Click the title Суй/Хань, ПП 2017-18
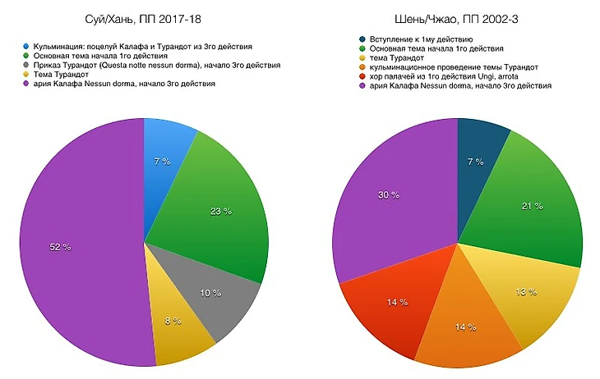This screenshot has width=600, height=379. click(x=144, y=19)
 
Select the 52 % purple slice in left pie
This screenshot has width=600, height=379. click(x=74, y=246)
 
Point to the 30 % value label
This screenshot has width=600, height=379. click(x=388, y=194)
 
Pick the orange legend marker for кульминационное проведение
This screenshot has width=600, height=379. click(x=362, y=66)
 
